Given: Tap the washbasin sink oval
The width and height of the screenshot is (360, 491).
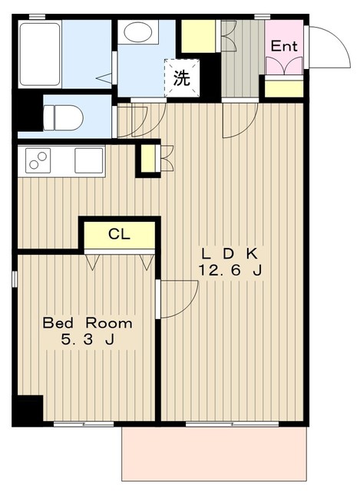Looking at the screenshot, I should [x=138, y=33].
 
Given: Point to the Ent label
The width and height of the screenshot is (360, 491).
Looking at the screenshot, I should [x=283, y=46].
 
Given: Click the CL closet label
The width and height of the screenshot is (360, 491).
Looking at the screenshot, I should [x=119, y=235].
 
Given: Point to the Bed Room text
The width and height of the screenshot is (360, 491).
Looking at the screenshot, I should [x=87, y=323].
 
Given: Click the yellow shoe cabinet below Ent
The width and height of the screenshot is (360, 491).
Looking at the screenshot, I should [x=283, y=88].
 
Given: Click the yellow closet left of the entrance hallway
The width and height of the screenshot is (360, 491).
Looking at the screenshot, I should [x=198, y=36].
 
